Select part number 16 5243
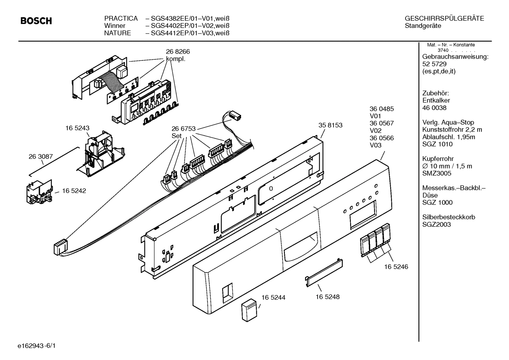(77, 129)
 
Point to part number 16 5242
(74, 191)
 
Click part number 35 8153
(330, 125)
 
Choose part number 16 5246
(396, 267)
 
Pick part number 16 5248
(328, 297)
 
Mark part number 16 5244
(273, 298)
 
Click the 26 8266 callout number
(178, 52)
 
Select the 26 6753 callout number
(184, 129)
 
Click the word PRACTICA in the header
(121, 18)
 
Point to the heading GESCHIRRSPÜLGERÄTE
(444, 18)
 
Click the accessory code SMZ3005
(437, 173)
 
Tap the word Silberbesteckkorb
(449, 217)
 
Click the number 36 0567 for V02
(382, 123)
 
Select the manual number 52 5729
(434, 64)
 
